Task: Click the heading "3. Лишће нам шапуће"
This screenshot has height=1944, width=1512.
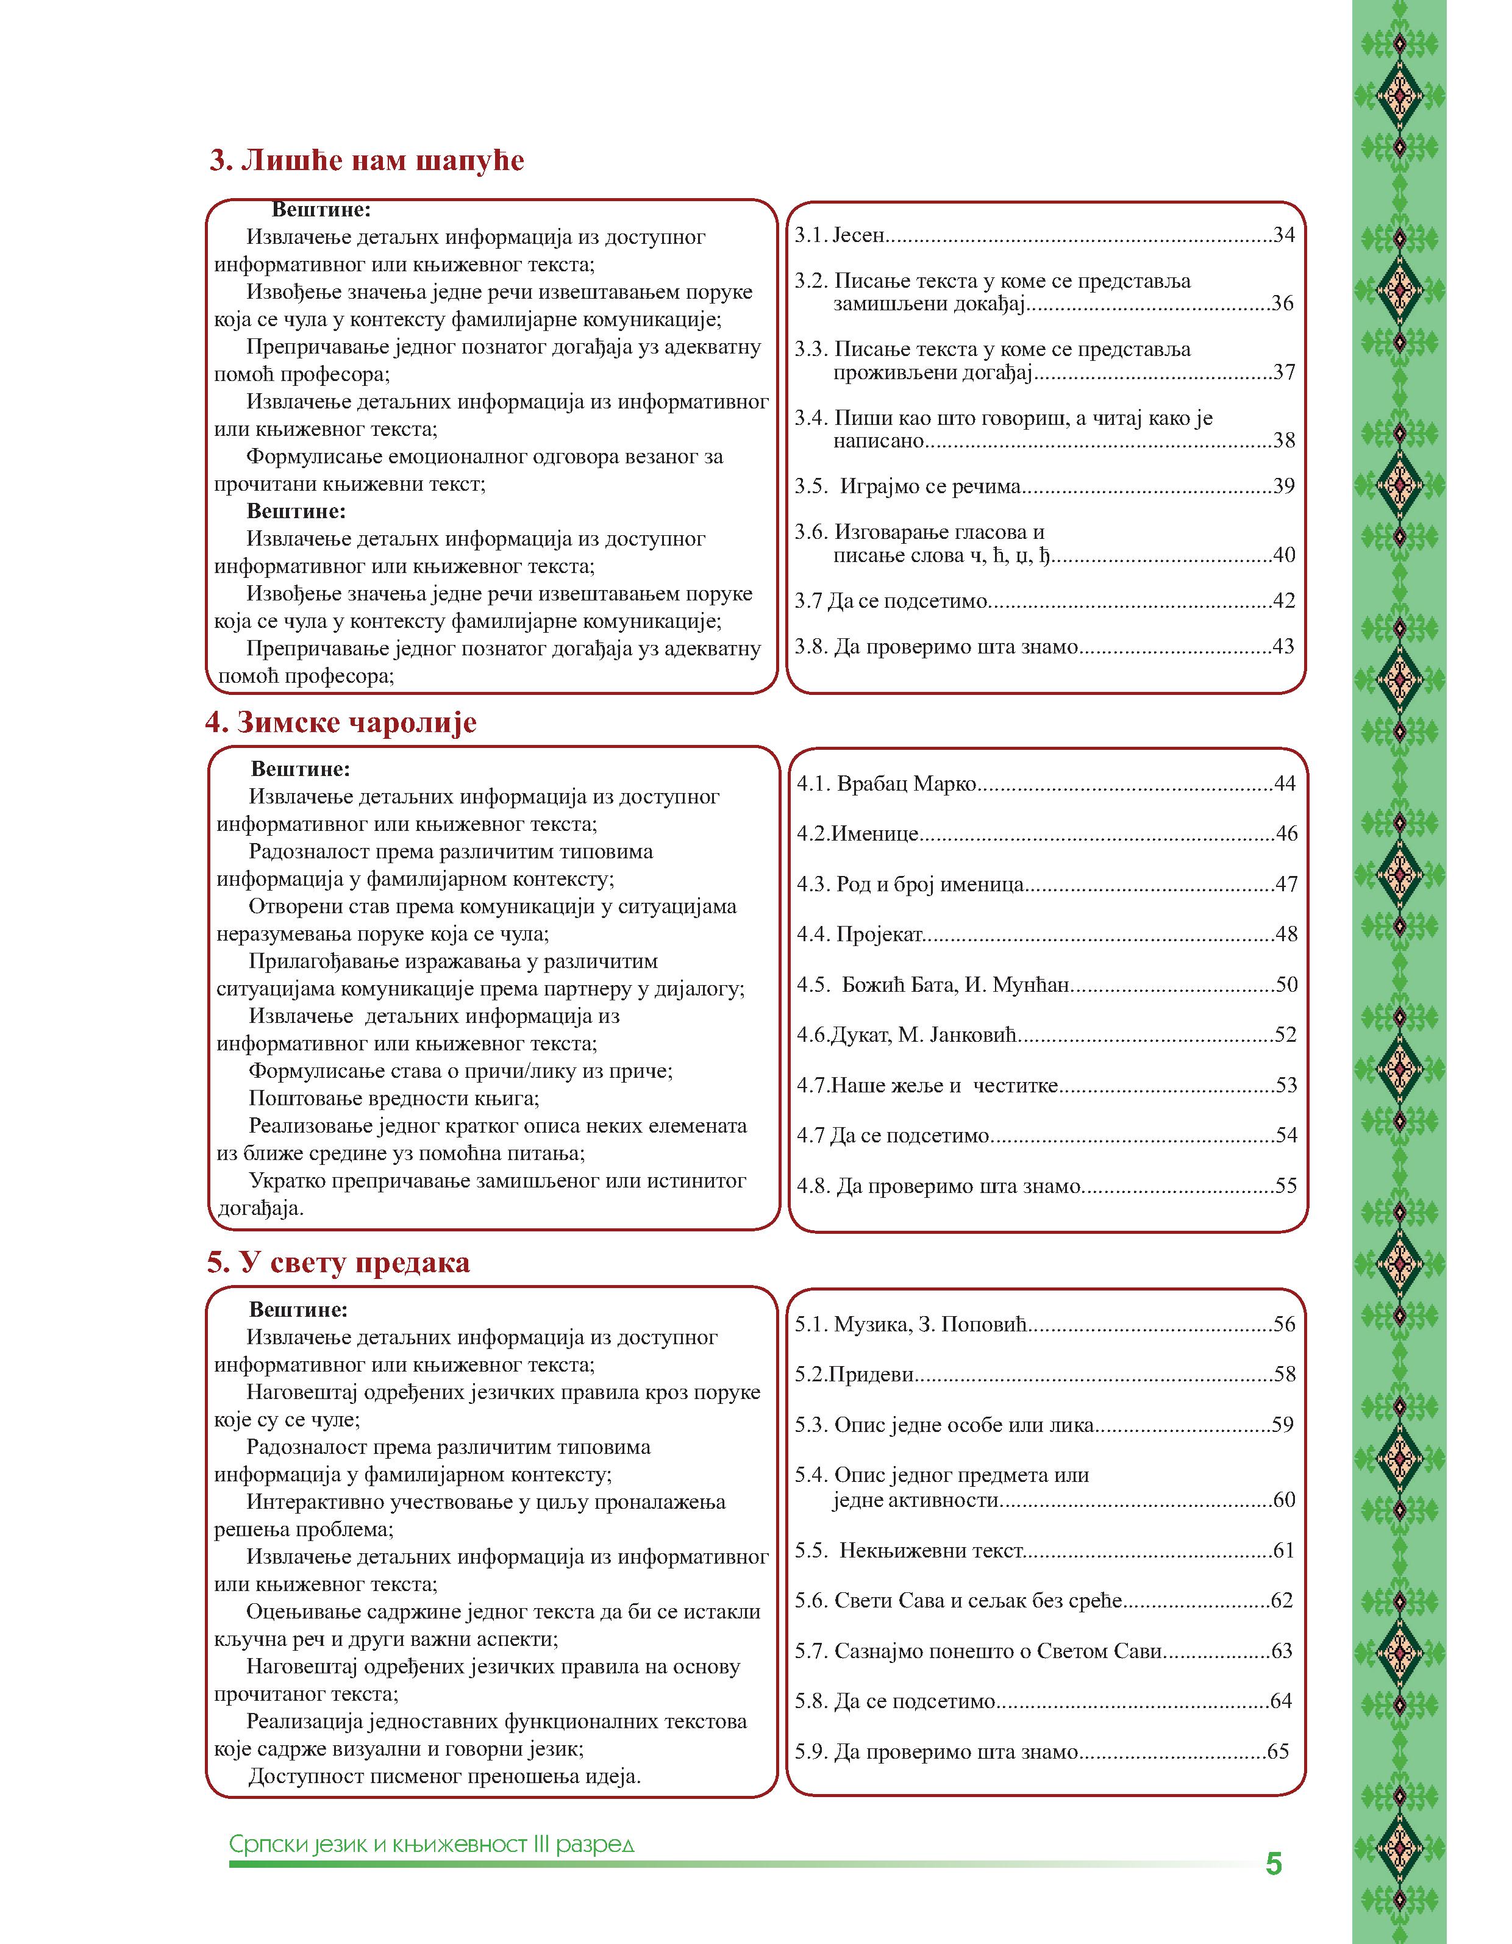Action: (x=367, y=161)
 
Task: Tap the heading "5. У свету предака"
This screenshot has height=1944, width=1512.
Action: (x=338, y=1263)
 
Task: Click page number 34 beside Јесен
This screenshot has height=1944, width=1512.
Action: (x=1284, y=235)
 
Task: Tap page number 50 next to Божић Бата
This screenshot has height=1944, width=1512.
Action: (x=1286, y=984)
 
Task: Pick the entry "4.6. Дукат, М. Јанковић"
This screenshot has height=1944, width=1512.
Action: (x=907, y=1035)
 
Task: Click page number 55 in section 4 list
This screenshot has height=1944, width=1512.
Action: (x=1286, y=1186)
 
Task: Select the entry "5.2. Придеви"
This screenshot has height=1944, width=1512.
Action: (x=855, y=1374)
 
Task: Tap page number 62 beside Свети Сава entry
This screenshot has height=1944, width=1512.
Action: (x=1282, y=1600)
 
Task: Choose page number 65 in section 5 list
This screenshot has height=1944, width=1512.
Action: (x=1278, y=1752)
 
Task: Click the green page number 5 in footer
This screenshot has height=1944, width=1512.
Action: (x=1274, y=1864)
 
